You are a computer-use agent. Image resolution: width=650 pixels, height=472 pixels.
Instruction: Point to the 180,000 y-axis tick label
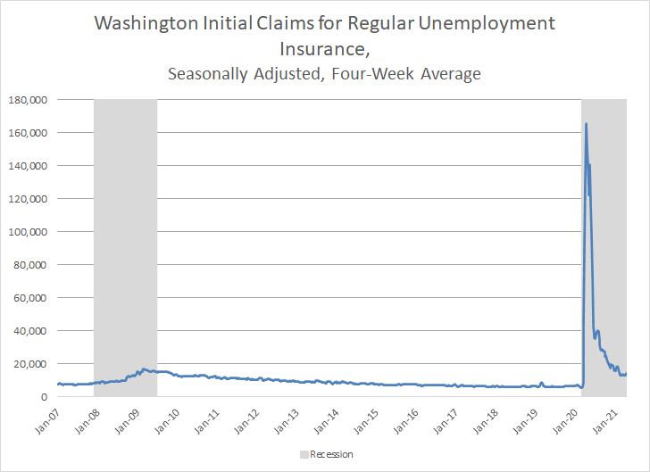pos(27,100)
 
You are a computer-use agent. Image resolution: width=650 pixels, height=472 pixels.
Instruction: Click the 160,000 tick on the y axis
pos(27,133)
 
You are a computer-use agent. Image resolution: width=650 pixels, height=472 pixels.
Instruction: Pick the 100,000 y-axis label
pos(27,232)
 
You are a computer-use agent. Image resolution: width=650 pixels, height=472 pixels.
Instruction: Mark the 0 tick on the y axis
pos(44,397)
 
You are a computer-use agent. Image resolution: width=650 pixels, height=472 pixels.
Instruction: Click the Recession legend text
pos(331,455)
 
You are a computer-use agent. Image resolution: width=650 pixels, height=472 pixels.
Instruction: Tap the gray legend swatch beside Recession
pos(303,455)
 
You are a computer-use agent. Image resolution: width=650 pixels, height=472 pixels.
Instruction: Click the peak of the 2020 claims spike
pos(586,124)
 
